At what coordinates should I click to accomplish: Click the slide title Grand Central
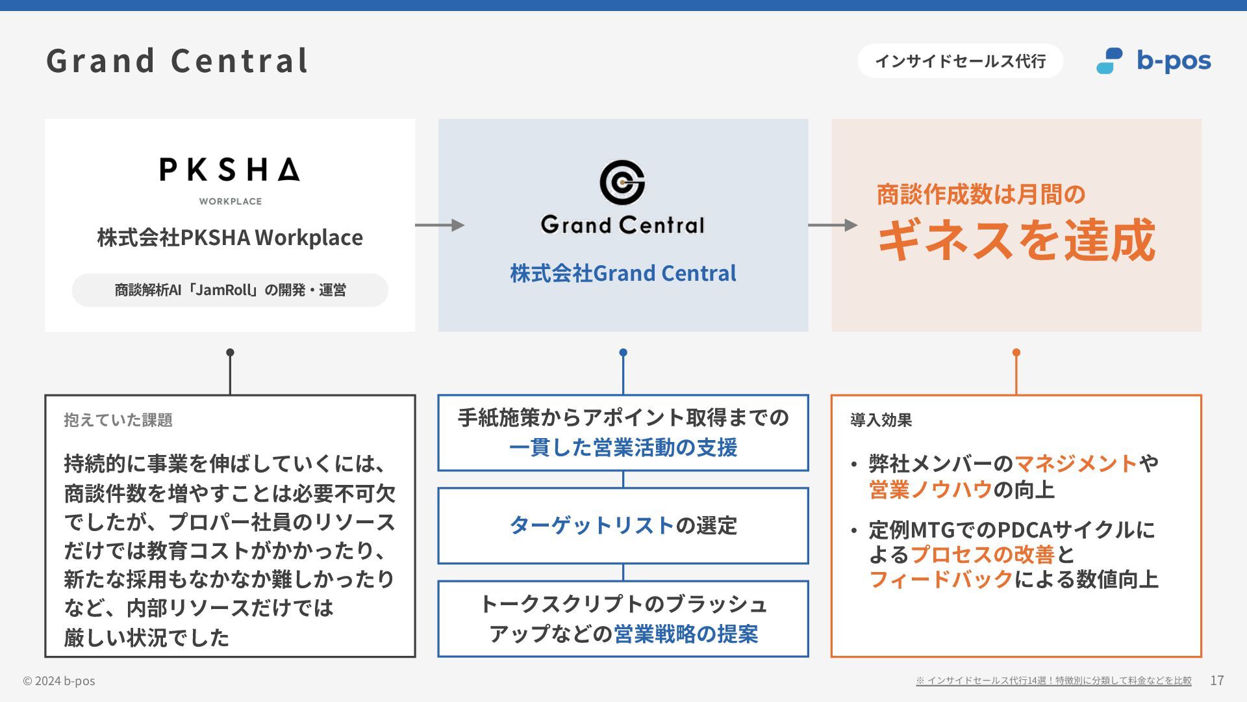(x=177, y=60)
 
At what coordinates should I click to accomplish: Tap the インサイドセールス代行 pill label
(x=960, y=61)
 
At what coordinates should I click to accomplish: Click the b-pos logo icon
(x=1109, y=60)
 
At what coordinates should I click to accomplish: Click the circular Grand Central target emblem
(x=622, y=182)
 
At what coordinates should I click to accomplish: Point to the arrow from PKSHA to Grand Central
(x=440, y=225)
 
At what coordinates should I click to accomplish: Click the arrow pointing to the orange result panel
(x=833, y=225)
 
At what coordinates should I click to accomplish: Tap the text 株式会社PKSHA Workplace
(x=230, y=237)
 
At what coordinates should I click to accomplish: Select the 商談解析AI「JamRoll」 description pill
(x=230, y=290)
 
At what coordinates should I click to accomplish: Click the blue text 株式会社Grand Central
(x=623, y=273)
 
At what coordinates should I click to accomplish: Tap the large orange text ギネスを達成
(x=1016, y=240)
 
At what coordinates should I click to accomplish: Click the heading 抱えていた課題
(x=118, y=420)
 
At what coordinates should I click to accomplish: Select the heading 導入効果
(x=881, y=420)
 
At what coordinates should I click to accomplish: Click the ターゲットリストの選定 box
(x=623, y=525)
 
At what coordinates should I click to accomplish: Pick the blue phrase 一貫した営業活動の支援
(x=623, y=448)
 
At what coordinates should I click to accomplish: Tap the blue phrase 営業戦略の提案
(x=686, y=634)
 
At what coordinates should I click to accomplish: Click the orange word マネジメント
(x=1076, y=463)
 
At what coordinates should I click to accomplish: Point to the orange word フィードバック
(x=941, y=579)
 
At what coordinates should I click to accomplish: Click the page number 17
(x=1216, y=681)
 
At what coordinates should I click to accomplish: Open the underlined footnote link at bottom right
(x=1053, y=681)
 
